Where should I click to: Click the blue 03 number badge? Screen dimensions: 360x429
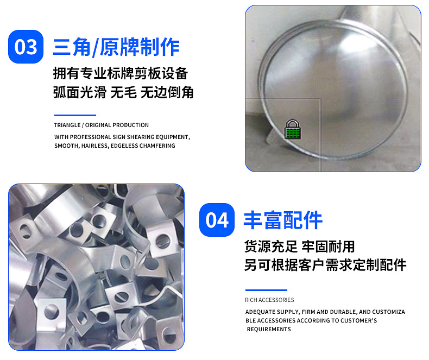coord(26,47)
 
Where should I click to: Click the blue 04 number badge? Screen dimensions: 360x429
coord(217,220)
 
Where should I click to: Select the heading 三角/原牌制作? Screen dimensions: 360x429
coord(116,47)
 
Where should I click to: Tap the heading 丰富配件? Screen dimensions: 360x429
coord(282,220)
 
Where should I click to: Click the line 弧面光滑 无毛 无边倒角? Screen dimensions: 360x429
coord(123,92)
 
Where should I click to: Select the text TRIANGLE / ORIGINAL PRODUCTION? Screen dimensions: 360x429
coord(101,125)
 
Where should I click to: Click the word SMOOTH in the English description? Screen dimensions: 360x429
coord(67,146)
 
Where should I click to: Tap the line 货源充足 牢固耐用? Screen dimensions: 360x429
coord(299,247)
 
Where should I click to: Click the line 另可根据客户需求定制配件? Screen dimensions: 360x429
coord(325,265)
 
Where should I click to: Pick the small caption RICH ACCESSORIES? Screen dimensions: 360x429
coord(269,300)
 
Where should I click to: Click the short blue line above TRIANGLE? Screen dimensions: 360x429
coord(75,115)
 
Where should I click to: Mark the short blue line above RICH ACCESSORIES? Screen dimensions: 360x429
coord(266,290)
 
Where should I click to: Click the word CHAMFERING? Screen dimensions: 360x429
coord(157,146)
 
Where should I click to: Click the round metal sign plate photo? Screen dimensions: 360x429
coord(333,89)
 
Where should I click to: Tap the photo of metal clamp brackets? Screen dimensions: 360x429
coord(96,267)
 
